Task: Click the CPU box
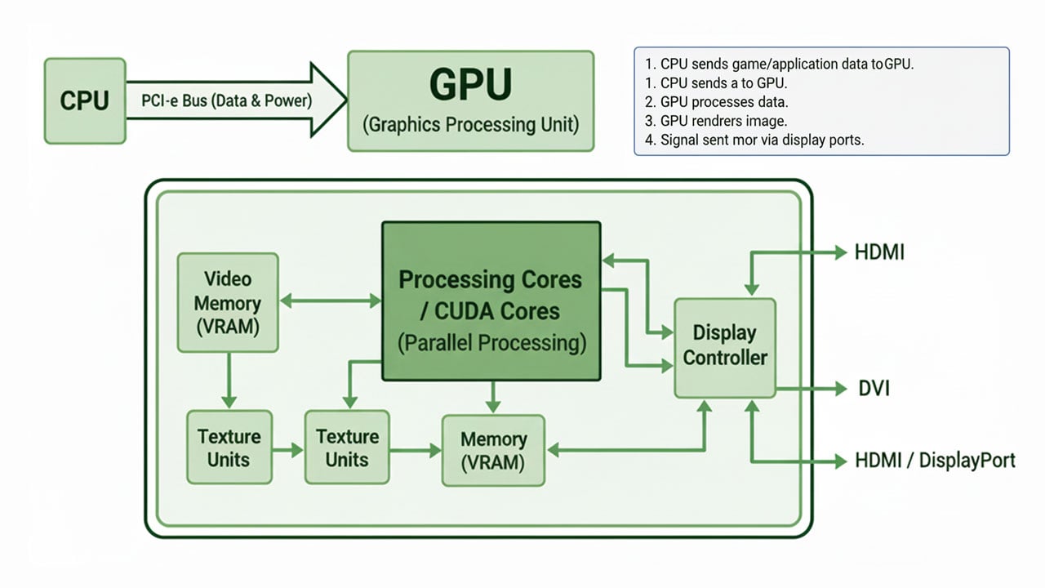pos(85,100)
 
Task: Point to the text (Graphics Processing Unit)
pos(470,125)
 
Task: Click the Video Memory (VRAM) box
pos(228,302)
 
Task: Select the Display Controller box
pos(725,347)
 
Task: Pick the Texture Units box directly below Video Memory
pos(228,448)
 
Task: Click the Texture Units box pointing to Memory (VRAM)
pos(347,448)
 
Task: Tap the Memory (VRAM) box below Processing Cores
pos(492,451)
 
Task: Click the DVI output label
pos(873,389)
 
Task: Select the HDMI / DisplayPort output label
pos(935,461)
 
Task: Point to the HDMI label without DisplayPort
pos(879,252)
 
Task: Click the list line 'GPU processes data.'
pos(724,102)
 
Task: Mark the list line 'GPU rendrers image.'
pos(723,121)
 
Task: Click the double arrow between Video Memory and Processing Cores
pos(331,301)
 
